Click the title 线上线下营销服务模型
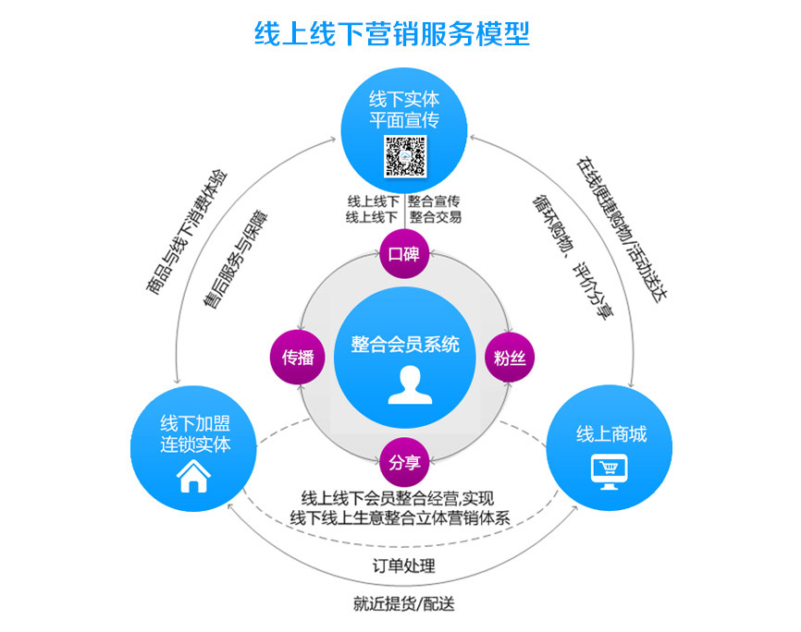pos(392,33)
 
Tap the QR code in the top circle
pos(404,156)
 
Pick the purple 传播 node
pos(298,358)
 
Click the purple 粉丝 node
pos(510,358)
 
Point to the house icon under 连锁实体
pos(194,477)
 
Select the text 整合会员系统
pos(405,345)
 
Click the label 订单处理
pos(403,565)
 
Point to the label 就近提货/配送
pos(403,605)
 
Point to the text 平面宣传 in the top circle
pos(403,120)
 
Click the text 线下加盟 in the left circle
pos(195,424)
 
